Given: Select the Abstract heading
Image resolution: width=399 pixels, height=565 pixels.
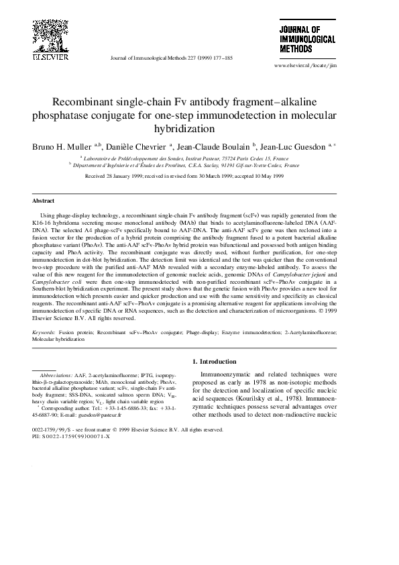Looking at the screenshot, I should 44,200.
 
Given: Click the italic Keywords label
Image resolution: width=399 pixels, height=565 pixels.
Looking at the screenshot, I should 44,332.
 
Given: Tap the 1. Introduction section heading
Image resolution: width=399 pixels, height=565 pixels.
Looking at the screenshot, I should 217,362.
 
